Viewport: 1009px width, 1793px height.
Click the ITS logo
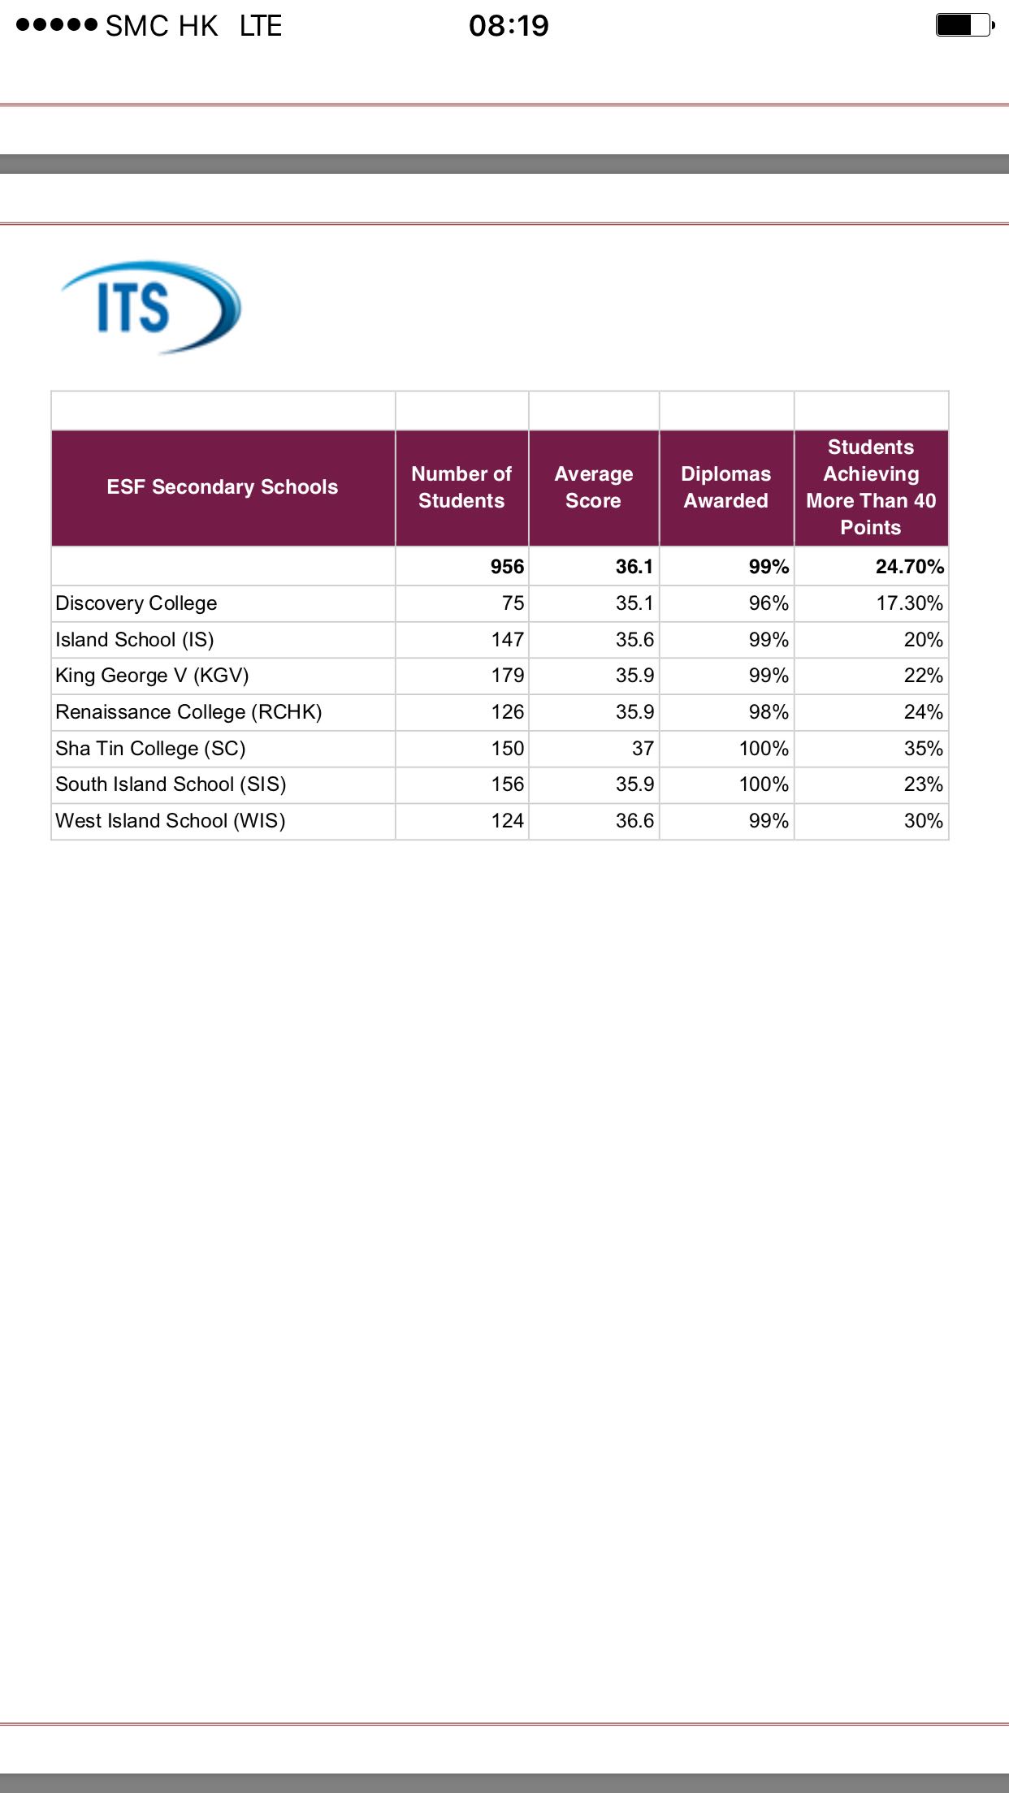coord(151,308)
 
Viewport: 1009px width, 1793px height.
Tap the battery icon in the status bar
coord(964,25)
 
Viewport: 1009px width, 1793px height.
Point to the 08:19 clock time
coord(509,26)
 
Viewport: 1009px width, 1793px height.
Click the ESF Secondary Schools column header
coord(223,487)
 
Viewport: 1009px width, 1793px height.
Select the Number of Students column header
coord(461,487)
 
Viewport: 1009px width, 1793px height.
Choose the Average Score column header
coord(593,487)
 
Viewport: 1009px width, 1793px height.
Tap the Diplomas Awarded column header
coord(725,487)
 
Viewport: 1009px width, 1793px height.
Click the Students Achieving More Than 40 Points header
coord(871,487)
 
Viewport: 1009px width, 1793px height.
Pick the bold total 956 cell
coord(507,567)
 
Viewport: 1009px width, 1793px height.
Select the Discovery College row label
coord(136,603)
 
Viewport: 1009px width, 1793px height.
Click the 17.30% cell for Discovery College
coord(909,603)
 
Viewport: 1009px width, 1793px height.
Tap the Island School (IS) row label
coord(135,640)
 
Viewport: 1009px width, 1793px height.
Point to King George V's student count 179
coord(507,676)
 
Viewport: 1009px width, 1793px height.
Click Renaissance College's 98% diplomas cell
coord(769,712)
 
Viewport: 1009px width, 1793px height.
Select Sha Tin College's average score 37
coord(643,749)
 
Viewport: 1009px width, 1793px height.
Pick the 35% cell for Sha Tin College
coord(924,749)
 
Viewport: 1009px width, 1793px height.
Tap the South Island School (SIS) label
coord(171,784)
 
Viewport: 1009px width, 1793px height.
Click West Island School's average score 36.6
coord(634,821)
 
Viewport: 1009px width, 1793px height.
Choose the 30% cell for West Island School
coord(924,821)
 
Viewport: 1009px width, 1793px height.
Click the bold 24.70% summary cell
coord(909,567)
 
